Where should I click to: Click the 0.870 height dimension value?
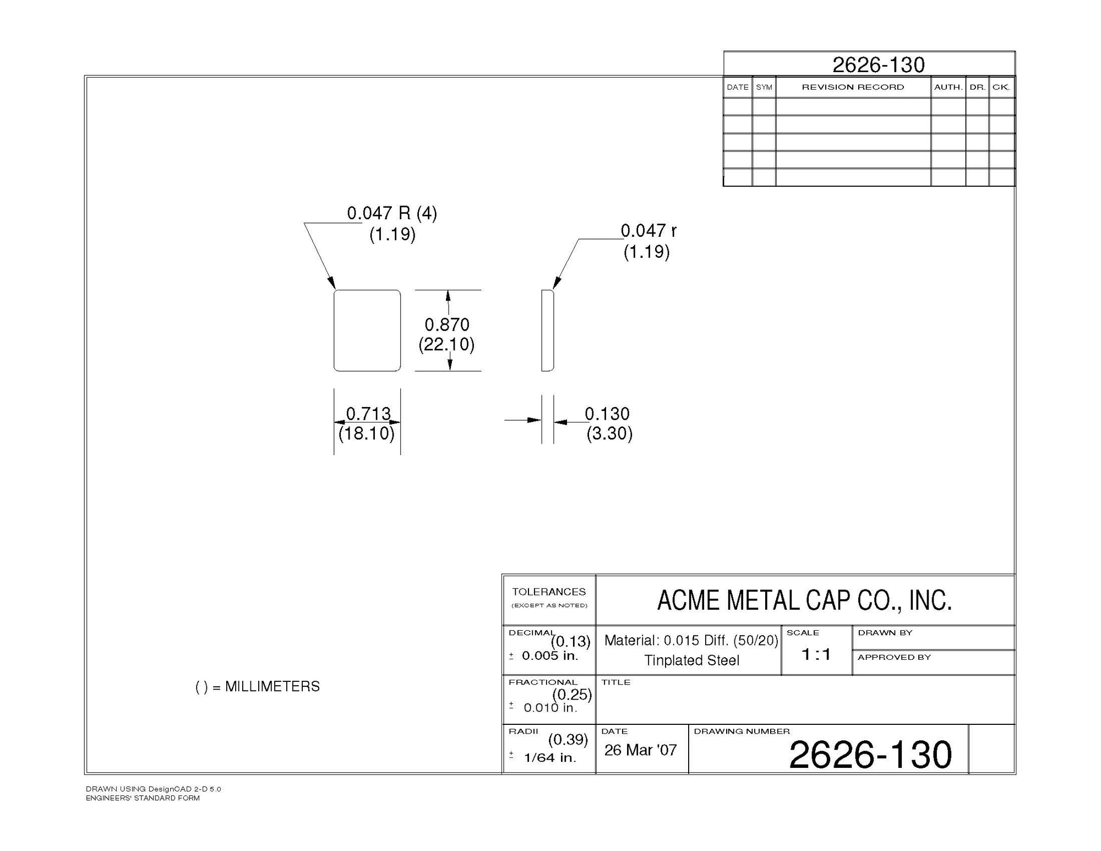[446, 324]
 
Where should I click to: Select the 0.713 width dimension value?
[368, 413]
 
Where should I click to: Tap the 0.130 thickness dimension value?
[607, 413]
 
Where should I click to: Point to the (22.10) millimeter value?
[446, 344]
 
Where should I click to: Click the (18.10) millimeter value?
[367, 433]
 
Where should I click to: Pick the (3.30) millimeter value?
[609, 433]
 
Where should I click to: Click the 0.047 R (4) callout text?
[391, 213]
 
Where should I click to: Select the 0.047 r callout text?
[648, 231]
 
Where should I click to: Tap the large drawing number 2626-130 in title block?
[870, 754]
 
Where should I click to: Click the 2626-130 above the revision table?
[878, 65]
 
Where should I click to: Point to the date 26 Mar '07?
[640, 750]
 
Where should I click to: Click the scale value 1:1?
[816, 654]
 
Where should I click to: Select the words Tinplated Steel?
[691, 660]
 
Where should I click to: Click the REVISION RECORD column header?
[853, 87]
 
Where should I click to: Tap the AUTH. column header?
[948, 87]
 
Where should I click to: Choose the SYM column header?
[764, 87]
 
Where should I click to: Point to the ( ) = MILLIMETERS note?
[258, 686]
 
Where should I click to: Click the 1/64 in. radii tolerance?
[550, 757]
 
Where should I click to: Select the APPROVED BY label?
[894, 657]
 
